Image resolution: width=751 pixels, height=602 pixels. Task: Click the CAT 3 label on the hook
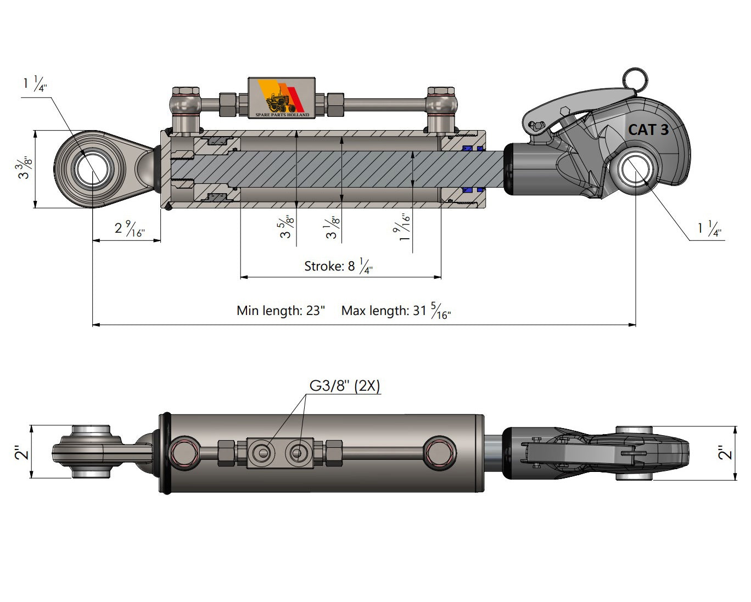(x=648, y=130)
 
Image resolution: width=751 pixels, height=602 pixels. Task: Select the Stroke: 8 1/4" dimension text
(x=338, y=266)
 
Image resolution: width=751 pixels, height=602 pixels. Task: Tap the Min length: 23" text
(x=281, y=311)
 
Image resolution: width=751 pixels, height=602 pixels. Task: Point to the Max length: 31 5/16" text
(x=396, y=311)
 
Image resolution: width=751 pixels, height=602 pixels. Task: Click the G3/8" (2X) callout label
(x=345, y=386)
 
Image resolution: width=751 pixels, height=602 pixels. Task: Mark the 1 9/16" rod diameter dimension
(x=405, y=227)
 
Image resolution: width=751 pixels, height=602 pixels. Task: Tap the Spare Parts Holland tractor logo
(x=282, y=98)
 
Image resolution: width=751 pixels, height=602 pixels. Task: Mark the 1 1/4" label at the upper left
(x=35, y=84)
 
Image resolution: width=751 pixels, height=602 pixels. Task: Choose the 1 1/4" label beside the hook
(x=709, y=228)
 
